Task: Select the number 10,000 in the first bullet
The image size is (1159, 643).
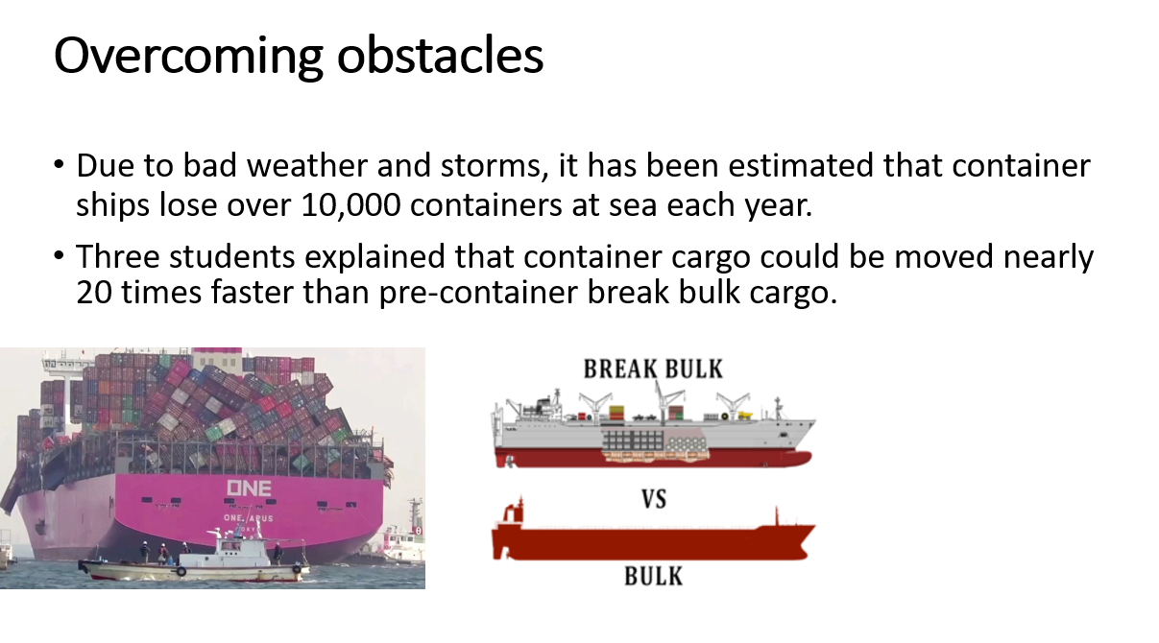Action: (x=316, y=205)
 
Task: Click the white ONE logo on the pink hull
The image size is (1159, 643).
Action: (x=249, y=488)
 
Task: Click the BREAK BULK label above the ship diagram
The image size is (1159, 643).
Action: (x=653, y=369)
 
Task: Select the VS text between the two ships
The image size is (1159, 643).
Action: (x=653, y=499)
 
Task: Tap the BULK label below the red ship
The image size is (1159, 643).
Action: (x=653, y=576)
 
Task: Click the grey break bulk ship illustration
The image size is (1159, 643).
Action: (x=653, y=432)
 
